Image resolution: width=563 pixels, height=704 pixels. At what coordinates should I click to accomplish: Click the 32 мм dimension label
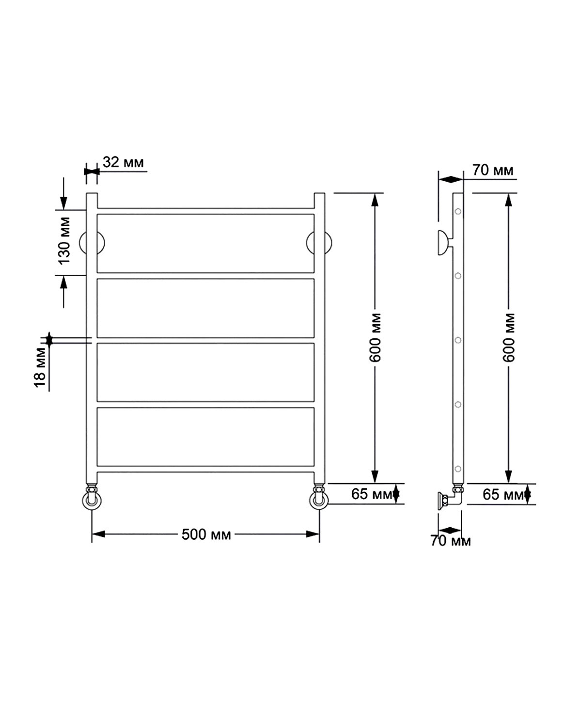point(123,162)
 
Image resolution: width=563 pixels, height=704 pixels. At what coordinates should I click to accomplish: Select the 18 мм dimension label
point(40,367)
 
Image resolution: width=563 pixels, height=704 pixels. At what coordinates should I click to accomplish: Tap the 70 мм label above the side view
point(493,170)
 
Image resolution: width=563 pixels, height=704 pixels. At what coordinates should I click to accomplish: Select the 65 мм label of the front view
point(371,494)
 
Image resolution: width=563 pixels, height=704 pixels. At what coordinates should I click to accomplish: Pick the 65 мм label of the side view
point(503,494)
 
